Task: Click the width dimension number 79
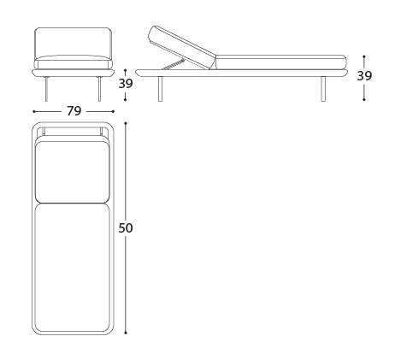pos(74,111)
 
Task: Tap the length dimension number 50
pos(126,228)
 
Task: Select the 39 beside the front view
pos(126,84)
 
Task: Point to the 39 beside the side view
pos(364,76)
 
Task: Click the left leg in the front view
pos(47,89)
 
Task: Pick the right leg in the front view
pos(99,89)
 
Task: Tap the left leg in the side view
pos(160,89)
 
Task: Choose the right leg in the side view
pos(323,89)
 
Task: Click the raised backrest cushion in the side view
pos(182,47)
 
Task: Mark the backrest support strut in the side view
pos(173,63)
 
